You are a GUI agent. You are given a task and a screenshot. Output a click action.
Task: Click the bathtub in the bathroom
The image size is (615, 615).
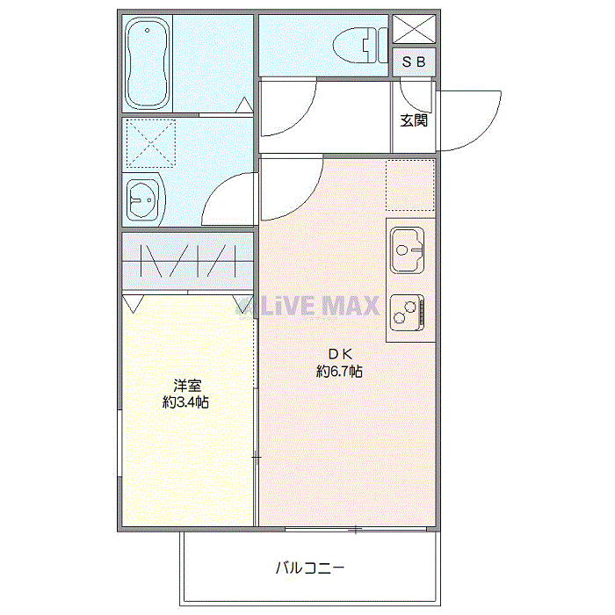coord(148,62)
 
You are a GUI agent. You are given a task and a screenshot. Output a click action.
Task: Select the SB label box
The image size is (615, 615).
coord(414,62)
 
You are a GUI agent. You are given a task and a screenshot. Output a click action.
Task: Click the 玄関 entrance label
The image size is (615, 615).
coord(414,120)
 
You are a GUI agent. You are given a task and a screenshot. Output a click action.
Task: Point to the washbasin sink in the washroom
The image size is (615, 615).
coord(142,199)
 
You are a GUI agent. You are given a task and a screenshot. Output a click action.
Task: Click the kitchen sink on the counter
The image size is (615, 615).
coord(407,250)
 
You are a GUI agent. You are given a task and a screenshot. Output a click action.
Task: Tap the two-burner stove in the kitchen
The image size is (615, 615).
coord(407,313)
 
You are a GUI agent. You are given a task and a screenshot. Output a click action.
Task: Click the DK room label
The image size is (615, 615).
coord(340,354)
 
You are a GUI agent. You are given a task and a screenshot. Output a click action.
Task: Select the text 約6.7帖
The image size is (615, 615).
coord(339,371)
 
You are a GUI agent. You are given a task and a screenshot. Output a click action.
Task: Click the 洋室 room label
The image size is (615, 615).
coord(187,386)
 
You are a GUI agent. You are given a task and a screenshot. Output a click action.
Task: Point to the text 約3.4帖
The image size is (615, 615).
coord(185,402)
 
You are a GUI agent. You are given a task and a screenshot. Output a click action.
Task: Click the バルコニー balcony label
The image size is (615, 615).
coord(310,568)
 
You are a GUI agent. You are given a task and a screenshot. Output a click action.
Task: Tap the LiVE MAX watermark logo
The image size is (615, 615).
coord(307,306)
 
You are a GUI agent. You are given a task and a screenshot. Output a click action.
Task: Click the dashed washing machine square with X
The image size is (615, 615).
coord(150,143)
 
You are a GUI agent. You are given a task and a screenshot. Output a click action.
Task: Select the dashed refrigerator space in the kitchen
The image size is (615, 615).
coord(410,185)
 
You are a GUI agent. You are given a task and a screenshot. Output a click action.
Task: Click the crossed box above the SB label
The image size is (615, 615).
coord(414,29)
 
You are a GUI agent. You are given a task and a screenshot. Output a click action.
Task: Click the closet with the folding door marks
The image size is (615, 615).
coord(187,261)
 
